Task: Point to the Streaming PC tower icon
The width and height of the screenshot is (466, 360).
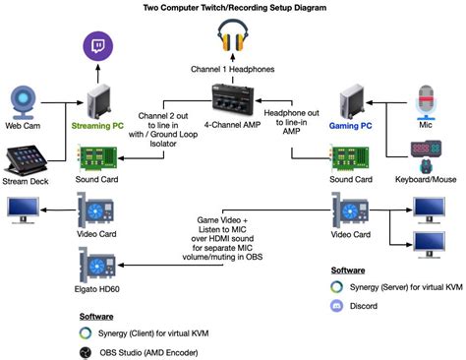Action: (100, 101)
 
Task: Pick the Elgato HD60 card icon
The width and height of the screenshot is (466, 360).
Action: (98, 265)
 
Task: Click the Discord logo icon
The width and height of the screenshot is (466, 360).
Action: (339, 305)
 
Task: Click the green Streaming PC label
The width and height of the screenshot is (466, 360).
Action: (99, 127)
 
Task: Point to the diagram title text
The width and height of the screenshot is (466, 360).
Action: (233, 8)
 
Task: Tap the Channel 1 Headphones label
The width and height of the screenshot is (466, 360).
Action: (232, 70)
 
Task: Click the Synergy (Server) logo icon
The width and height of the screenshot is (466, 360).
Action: (339, 286)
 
